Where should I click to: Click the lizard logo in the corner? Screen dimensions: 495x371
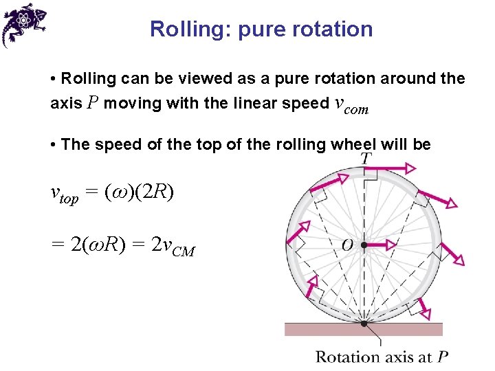pos(23,23)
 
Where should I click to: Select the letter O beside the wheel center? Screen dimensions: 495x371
pos(348,245)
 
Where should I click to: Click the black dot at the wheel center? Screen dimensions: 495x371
pos(364,245)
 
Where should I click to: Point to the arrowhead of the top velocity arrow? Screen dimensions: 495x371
pos(410,168)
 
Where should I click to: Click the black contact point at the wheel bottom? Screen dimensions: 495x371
pos(364,323)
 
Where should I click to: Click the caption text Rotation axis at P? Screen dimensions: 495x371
pos(382,357)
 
